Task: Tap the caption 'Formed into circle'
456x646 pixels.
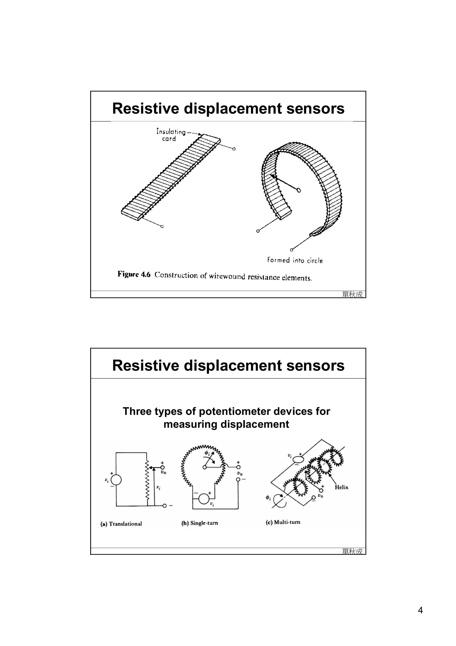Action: pyautogui.click(x=295, y=260)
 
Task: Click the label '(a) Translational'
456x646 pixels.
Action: pyautogui.click(x=121, y=524)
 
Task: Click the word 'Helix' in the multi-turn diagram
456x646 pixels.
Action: pyautogui.click(x=341, y=487)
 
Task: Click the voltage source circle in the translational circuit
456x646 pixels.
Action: pyautogui.click(x=116, y=480)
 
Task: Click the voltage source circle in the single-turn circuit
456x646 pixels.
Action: pyautogui.click(x=204, y=499)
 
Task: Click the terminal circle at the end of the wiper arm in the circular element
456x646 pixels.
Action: pyautogui.click(x=299, y=190)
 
